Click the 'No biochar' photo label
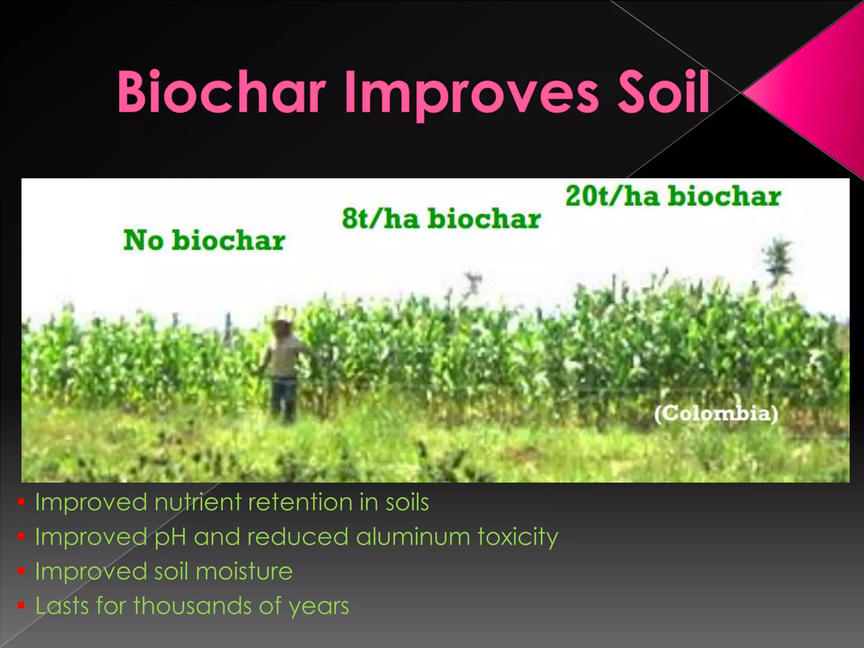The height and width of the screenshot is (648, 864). (x=204, y=240)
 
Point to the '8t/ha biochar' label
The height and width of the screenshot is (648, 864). (x=441, y=219)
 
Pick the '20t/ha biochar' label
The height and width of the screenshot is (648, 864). (x=673, y=197)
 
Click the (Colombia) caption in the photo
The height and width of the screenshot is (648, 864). (x=716, y=413)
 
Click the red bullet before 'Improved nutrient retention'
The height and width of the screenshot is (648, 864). (x=22, y=502)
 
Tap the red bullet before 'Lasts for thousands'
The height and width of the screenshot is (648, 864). (x=22, y=606)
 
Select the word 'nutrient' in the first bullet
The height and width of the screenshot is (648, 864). (x=198, y=502)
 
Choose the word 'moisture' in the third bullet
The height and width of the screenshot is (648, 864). (x=244, y=572)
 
